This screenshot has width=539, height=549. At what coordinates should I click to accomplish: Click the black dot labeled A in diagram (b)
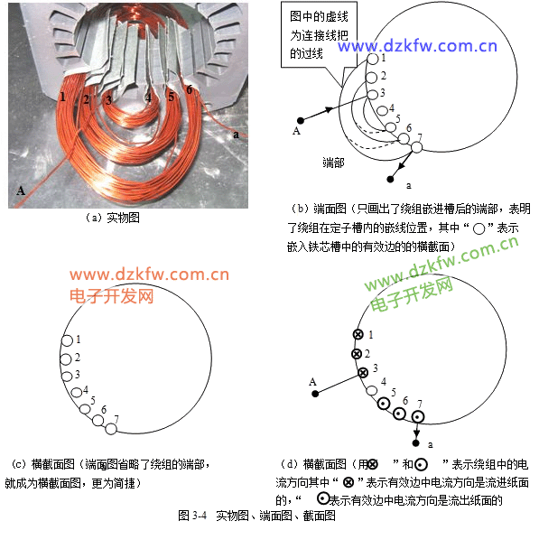[301, 120]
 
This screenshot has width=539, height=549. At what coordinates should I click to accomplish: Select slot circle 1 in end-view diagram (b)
[373, 59]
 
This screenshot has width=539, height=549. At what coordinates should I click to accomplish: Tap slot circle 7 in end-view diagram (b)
[416, 147]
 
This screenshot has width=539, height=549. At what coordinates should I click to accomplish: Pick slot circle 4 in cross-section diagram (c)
[77, 392]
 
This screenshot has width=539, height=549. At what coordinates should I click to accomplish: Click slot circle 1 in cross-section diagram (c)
[67, 340]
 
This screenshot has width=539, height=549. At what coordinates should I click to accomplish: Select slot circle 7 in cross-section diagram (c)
[111, 429]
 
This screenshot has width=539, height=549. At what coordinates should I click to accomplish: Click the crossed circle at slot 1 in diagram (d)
[358, 334]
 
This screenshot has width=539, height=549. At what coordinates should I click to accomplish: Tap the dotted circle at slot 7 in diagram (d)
[417, 417]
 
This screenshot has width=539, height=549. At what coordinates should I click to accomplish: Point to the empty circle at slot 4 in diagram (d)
[372, 390]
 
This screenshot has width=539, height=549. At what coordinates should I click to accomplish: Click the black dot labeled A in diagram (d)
[315, 394]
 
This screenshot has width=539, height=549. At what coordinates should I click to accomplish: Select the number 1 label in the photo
[62, 97]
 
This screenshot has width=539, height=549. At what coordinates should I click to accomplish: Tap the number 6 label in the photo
[190, 89]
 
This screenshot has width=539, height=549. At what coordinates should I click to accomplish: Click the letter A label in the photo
[21, 191]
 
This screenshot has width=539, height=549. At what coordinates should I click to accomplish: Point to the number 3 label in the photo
[109, 100]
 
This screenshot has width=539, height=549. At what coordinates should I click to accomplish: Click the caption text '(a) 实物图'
[112, 218]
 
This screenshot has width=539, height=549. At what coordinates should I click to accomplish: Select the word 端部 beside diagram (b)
[333, 163]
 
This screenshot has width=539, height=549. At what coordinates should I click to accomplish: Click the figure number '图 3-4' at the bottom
[192, 516]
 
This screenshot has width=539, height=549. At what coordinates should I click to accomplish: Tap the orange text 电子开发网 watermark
[112, 296]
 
